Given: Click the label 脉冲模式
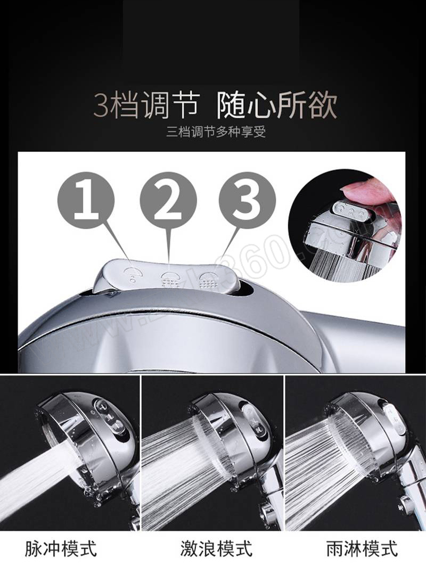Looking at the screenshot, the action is coord(61,548).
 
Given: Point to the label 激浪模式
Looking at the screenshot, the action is coord(216,548).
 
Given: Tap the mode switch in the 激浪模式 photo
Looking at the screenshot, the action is coord(249,420).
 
